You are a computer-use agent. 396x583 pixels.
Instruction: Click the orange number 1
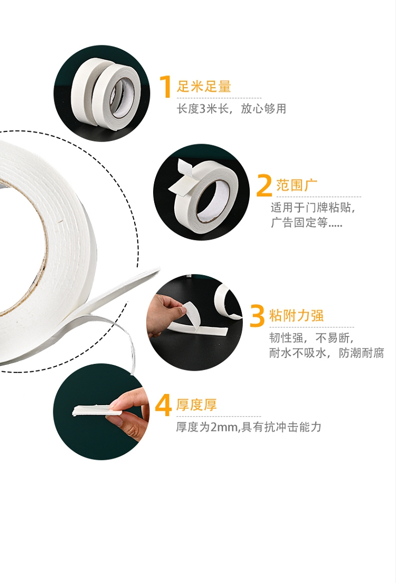165,87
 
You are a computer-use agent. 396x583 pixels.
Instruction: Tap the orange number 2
264,185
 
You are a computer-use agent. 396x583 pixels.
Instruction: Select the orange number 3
257,316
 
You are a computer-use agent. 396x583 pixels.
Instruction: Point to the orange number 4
163,405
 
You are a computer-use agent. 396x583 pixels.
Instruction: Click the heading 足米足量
204,86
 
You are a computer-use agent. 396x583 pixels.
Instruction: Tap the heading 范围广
297,185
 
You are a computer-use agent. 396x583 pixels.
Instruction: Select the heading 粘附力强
296,315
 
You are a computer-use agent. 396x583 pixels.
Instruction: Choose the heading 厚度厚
196,405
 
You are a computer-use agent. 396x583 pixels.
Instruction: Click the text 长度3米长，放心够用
231,109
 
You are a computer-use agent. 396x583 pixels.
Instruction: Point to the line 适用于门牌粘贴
313,208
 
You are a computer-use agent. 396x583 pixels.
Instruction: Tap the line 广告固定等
306,222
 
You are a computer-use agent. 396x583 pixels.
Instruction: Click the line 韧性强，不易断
311,337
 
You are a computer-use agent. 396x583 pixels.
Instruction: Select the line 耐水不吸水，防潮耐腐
326,352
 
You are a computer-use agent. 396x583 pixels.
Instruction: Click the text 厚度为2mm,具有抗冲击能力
248,427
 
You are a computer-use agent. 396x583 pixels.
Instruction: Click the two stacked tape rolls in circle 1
103,93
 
